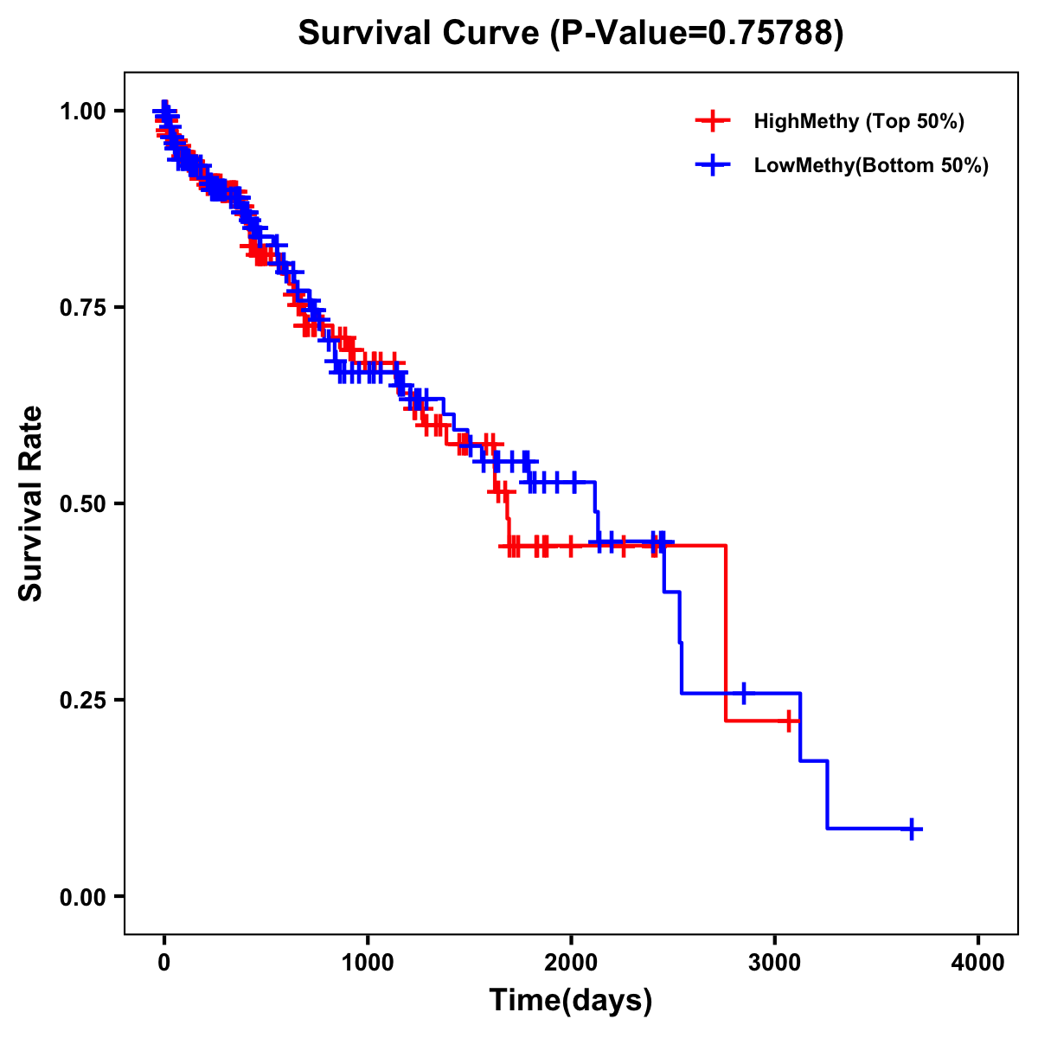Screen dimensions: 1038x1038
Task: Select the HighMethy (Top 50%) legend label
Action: tap(858, 121)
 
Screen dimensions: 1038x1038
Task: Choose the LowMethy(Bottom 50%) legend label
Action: tap(870, 165)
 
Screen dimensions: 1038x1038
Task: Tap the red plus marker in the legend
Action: tap(712, 121)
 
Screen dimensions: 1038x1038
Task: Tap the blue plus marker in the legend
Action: tap(712, 164)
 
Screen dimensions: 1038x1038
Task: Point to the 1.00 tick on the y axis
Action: tap(82, 111)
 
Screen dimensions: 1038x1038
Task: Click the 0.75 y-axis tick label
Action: tap(82, 307)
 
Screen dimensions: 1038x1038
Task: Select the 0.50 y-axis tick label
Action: tap(82, 503)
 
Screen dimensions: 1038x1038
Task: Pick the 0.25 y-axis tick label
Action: tap(82, 700)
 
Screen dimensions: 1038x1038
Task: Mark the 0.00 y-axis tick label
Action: tap(82, 896)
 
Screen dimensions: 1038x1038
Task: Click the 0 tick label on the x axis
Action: tap(164, 963)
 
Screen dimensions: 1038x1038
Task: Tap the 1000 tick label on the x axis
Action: tap(368, 963)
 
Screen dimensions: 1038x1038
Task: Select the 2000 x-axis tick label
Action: tap(571, 963)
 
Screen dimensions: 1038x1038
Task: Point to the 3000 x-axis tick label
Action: tap(775, 963)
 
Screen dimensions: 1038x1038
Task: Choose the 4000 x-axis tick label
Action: tap(978, 963)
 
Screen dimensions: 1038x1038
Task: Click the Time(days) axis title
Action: tap(571, 1000)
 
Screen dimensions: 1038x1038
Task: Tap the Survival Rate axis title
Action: tap(31, 503)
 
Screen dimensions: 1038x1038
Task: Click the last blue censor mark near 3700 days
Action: tap(911, 829)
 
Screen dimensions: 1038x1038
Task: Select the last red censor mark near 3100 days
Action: tap(788, 721)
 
